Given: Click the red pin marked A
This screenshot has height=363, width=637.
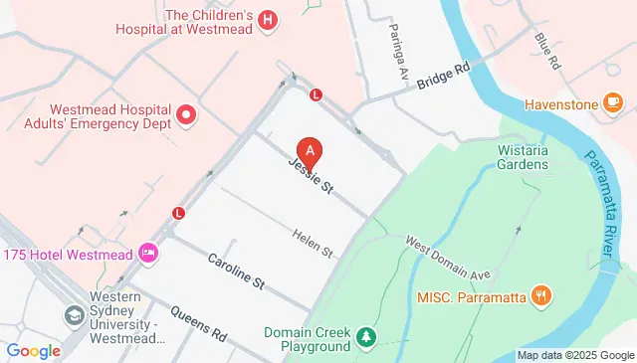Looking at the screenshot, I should pyautogui.click(x=311, y=152).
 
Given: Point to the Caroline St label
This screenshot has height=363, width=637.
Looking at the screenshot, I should pyautogui.click(x=235, y=271).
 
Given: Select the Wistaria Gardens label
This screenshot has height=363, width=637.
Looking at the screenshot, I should pyautogui.click(x=523, y=155).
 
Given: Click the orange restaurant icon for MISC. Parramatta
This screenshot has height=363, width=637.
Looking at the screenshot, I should pyautogui.click(x=541, y=294).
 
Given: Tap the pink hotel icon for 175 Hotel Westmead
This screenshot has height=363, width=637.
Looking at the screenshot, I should pyautogui.click(x=149, y=252).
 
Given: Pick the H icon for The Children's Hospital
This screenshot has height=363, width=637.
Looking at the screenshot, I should pyautogui.click(x=267, y=20).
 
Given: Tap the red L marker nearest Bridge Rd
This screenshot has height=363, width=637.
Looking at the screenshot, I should pyautogui.click(x=316, y=95).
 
